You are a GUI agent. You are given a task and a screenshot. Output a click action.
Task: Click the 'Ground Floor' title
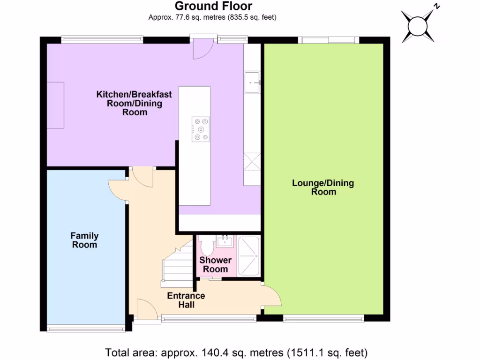213,6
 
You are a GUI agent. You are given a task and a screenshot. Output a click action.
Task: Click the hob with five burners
201,129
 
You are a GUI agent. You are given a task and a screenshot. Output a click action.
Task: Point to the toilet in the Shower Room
207,246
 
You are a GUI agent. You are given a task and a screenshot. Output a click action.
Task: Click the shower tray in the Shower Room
249,256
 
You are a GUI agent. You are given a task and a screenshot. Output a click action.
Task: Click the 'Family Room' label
84,240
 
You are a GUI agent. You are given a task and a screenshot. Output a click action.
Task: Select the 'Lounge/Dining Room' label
323,187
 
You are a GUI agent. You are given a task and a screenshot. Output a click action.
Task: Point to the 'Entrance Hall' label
186,300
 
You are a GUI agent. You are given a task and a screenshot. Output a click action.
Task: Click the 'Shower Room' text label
215,265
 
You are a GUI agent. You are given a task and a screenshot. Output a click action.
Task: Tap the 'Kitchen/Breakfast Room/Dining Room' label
134,103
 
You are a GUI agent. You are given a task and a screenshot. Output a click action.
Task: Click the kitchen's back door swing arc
203,49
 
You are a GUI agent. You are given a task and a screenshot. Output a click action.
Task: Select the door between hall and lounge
272,295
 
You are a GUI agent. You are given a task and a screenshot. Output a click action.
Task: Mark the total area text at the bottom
236,352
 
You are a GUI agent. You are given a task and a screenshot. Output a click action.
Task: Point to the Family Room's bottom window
86,329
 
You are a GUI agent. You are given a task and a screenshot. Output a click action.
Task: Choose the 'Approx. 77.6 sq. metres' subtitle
212,18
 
